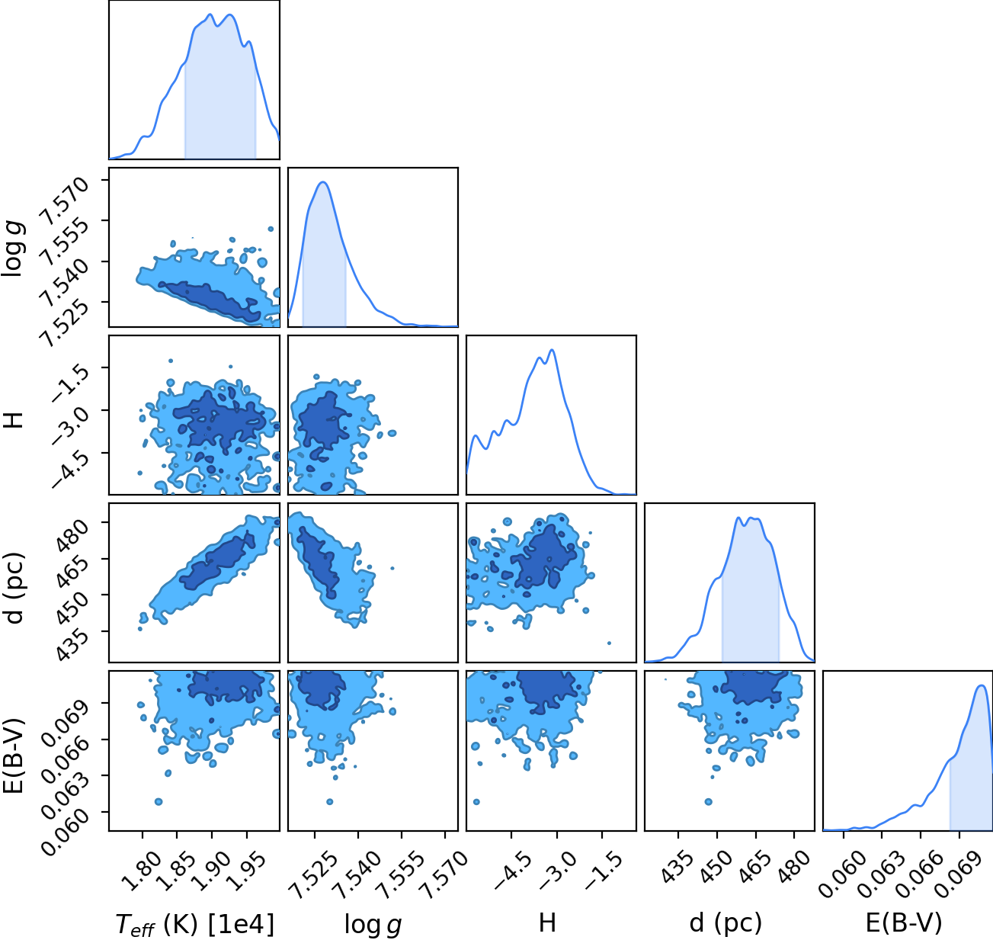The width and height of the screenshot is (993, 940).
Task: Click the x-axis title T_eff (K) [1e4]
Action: pos(195,924)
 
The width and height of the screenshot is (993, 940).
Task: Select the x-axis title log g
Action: pos(373,925)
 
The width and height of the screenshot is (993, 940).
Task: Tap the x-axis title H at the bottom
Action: pos(547,922)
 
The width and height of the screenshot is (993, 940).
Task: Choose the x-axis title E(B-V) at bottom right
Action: pos(904,923)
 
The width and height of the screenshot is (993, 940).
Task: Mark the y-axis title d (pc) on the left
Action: pos(15,589)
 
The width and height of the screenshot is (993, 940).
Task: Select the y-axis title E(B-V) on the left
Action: pos(15,756)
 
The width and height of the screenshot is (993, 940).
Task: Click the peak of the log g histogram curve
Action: pos(323,182)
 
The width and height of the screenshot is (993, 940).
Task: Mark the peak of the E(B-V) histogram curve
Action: pos(982,685)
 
